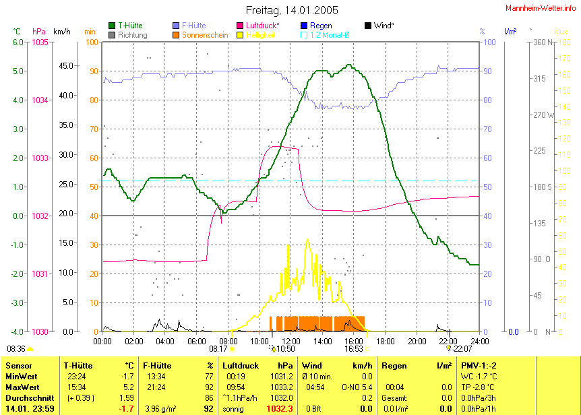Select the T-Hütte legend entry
(130, 26)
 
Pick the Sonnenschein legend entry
(206, 35)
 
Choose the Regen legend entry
(321, 26)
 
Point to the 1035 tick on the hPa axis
(40, 42)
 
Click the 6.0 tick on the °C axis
(18, 42)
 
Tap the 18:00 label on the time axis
(385, 341)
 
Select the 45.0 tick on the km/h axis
(65, 66)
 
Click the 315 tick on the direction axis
(520, 79)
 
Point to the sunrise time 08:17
(218, 349)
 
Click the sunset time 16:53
(354, 349)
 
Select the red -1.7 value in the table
(126, 409)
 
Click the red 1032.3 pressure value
(279, 409)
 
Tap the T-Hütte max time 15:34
(75, 387)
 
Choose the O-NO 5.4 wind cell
(359, 387)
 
